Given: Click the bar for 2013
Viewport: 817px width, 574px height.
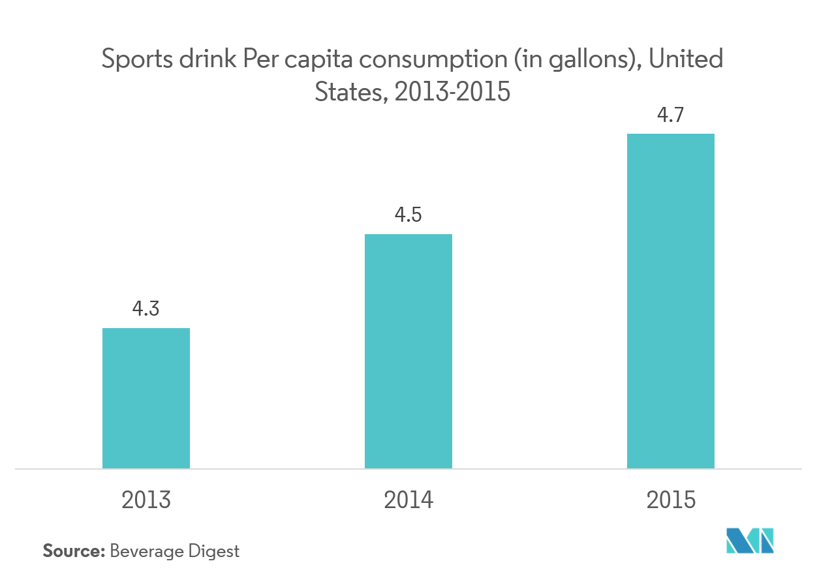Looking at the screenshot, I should click(146, 398).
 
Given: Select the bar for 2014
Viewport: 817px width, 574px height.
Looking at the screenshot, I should click(408, 351).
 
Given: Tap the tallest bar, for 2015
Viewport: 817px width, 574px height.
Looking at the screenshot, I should click(670, 301).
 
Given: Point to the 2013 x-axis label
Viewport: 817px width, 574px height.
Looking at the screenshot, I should click(146, 500).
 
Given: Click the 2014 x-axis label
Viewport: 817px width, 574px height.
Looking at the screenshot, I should click(408, 500).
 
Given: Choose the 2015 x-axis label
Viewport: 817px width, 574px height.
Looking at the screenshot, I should click(671, 500).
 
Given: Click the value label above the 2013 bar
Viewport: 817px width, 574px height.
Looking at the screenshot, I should click(146, 309).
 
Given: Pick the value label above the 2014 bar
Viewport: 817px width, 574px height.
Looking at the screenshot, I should click(408, 215).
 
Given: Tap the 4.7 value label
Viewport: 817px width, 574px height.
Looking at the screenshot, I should click(670, 116).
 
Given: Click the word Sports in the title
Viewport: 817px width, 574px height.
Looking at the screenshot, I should click(134, 60).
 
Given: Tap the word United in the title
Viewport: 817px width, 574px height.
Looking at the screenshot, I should click(686, 59).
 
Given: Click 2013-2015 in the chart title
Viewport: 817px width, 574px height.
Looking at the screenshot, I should click(452, 93).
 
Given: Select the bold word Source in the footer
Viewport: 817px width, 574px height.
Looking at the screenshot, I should click(73, 551).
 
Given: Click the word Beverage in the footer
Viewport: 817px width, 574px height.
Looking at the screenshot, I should click(147, 552).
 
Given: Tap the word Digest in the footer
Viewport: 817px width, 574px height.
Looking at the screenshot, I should click(215, 552).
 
